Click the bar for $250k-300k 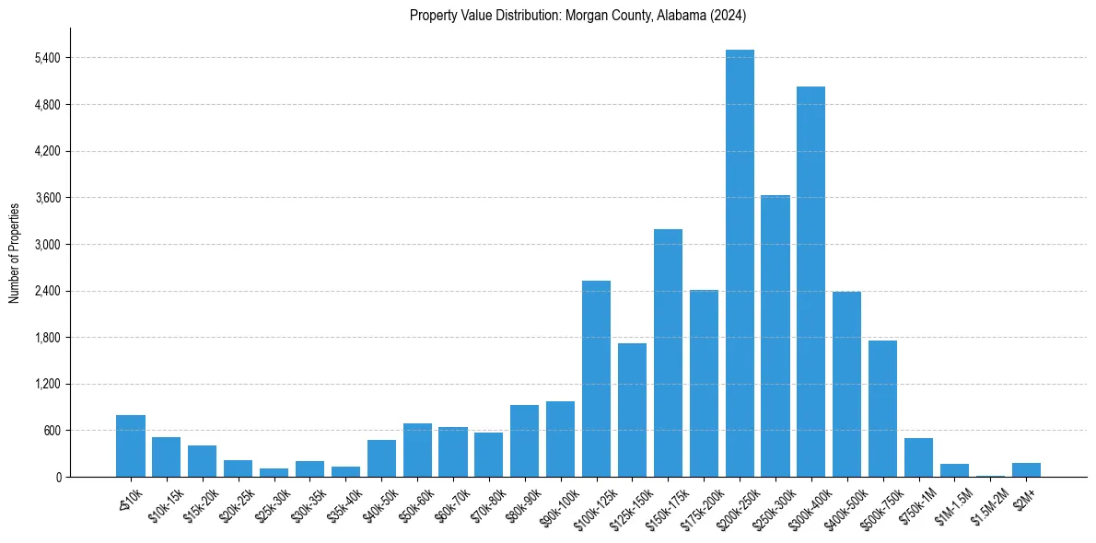point(775,336)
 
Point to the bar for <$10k point(131,446)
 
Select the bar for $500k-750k point(882,409)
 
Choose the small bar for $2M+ point(1026,470)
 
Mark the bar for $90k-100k point(560,439)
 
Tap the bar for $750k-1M point(918,457)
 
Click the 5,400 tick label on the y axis point(46,58)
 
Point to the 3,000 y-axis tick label point(46,245)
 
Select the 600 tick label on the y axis point(50,431)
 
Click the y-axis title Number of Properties point(14,252)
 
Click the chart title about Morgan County point(577,16)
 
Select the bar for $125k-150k point(632,410)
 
